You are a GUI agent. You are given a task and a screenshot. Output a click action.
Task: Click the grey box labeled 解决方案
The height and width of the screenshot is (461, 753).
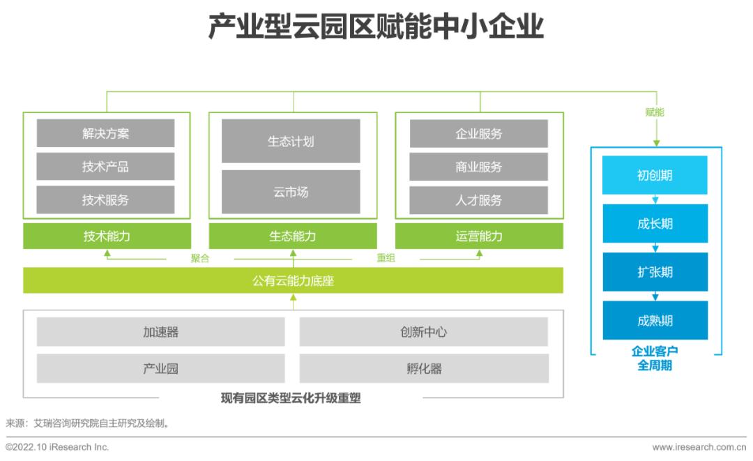(x=106, y=133)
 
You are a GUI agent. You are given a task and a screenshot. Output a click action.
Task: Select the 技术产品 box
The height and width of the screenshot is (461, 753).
(x=106, y=167)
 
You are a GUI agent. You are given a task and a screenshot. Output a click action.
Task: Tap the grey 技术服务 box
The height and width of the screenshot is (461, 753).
(x=106, y=199)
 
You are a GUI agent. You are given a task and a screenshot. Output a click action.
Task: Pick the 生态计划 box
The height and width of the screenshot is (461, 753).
(x=291, y=141)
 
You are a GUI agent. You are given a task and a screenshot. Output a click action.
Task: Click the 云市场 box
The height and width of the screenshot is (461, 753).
(x=291, y=192)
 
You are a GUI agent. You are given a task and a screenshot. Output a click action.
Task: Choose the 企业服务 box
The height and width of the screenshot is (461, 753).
(x=479, y=133)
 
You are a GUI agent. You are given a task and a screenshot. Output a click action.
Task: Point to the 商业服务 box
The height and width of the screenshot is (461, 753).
(x=479, y=167)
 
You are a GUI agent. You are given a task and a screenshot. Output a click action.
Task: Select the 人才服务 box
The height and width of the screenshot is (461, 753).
(x=479, y=199)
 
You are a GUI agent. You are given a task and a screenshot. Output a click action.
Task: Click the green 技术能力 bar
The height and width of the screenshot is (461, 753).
(x=107, y=236)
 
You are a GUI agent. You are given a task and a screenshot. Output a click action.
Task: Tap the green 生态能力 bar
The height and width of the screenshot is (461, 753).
(x=292, y=236)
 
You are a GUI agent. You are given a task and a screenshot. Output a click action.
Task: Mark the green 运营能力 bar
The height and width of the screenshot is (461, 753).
(x=479, y=236)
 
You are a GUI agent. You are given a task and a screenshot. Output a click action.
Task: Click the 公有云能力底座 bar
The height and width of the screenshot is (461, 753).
(x=293, y=280)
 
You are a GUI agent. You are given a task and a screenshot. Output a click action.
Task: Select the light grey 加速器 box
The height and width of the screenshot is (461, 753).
(x=161, y=332)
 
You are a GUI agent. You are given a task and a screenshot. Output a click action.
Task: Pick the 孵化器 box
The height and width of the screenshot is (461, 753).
(x=424, y=368)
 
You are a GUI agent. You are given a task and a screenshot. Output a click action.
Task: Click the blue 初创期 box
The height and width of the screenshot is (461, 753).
(x=655, y=175)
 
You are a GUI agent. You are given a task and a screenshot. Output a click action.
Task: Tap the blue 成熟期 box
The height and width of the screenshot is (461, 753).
(x=655, y=320)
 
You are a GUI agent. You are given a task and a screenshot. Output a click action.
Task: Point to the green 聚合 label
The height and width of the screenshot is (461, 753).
(x=200, y=258)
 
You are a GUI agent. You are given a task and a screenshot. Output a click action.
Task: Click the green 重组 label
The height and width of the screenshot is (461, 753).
(x=386, y=258)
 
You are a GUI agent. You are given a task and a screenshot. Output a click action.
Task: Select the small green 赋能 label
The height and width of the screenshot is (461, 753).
(x=655, y=112)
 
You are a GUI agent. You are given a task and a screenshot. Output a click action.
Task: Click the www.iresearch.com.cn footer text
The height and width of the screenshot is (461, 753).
(x=699, y=447)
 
